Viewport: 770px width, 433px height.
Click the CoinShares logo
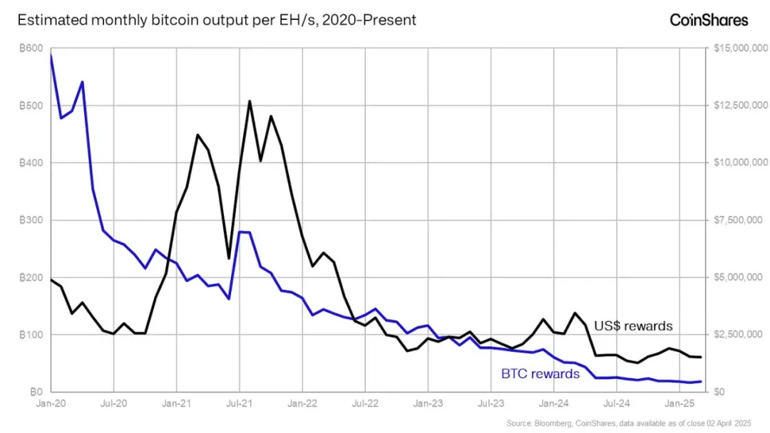[x=709, y=20]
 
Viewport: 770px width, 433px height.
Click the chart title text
[x=216, y=20]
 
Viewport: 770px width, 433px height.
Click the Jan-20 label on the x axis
[x=51, y=403]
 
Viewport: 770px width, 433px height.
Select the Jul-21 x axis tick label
[x=239, y=403]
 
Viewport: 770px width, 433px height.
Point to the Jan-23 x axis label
[x=428, y=403]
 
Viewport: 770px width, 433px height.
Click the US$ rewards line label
[x=634, y=326]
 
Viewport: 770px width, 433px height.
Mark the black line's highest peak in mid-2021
[x=250, y=101]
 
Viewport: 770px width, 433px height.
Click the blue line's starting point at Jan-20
[x=51, y=56]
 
